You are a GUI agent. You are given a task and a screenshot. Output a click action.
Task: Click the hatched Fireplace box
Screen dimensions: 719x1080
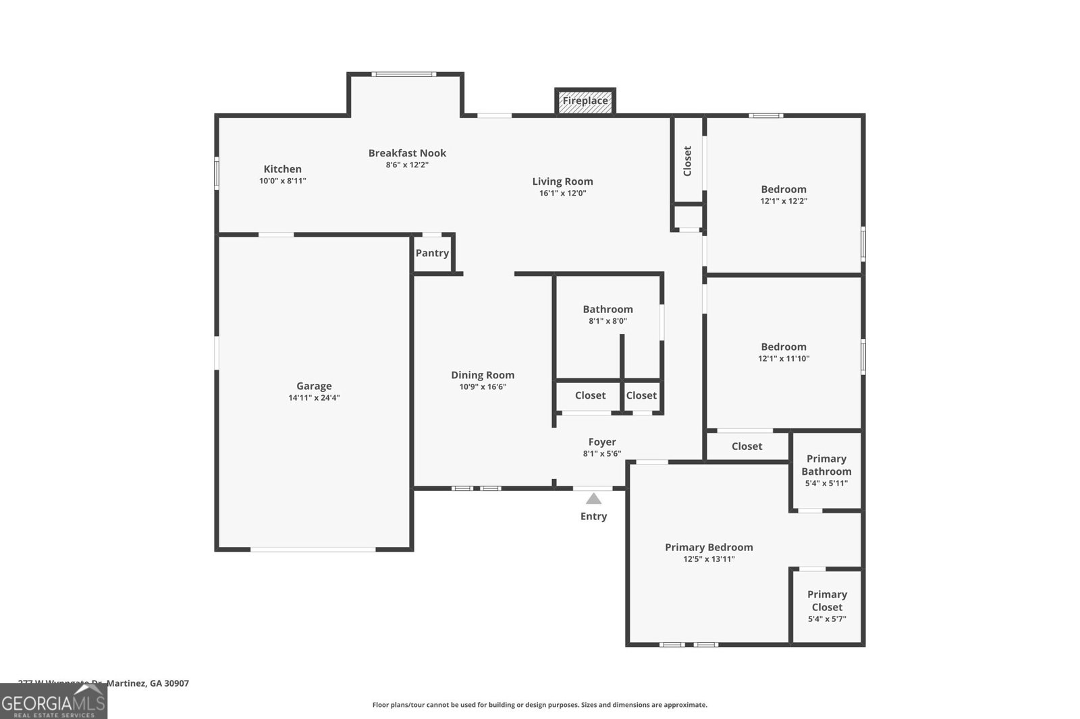click(585, 101)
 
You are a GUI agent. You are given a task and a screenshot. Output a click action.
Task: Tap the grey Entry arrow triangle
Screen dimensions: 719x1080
click(593, 498)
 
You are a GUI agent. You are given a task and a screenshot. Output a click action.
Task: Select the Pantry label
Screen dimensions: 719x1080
click(432, 253)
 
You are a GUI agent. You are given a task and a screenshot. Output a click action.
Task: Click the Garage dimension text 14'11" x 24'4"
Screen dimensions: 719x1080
click(314, 398)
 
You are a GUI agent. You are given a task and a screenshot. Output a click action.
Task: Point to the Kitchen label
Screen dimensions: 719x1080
click(282, 169)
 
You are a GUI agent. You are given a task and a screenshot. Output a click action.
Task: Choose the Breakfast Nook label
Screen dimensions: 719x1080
click(407, 153)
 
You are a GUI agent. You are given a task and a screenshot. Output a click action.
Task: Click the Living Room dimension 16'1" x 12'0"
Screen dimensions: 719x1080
click(562, 194)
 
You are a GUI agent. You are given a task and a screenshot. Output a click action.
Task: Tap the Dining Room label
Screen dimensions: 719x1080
click(483, 375)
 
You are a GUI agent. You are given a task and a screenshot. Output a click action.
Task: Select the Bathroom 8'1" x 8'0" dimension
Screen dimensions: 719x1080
click(607, 321)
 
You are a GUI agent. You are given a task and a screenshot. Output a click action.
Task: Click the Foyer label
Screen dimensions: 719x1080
click(602, 442)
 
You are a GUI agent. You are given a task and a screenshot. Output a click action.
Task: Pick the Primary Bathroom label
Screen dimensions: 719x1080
click(826, 465)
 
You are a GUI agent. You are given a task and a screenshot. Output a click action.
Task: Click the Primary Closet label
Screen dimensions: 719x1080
click(827, 600)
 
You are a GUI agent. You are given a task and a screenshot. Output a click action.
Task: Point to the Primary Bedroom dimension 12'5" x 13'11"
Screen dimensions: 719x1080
click(709, 559)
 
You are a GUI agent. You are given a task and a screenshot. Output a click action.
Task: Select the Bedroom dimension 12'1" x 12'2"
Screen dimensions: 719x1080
click(784, 201)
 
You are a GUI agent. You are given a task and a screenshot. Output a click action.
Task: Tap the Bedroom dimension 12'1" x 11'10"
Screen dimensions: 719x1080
click(784, 359)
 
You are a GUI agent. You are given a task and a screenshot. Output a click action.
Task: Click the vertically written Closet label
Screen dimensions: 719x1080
click(688, 161)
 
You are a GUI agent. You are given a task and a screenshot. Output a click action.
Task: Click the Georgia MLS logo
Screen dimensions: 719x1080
click(53, 702)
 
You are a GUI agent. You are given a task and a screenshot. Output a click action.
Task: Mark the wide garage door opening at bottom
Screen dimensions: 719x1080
click(313, 550)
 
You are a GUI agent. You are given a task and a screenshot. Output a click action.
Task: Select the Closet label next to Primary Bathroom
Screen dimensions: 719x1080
click(747, 446)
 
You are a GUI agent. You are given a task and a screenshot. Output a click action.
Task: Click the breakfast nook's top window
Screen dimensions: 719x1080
click(404, 74)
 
